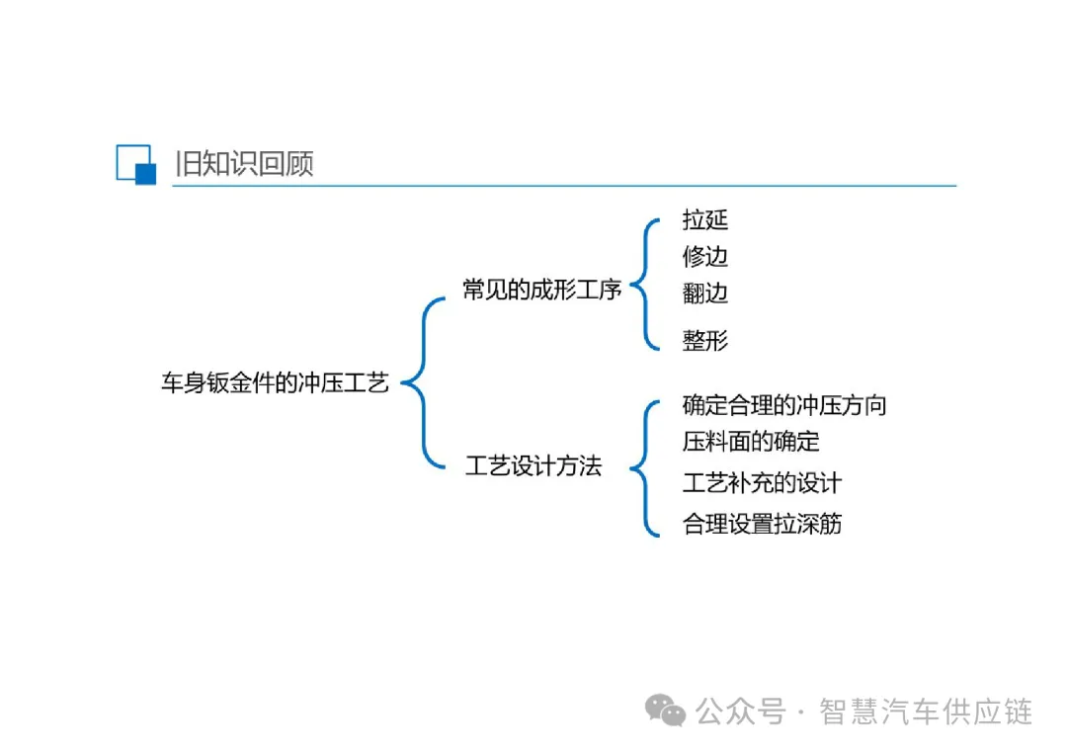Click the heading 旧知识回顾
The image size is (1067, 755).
pos(244,163)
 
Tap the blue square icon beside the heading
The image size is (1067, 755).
pos(136,164)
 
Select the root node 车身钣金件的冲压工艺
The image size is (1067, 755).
pos(276,383)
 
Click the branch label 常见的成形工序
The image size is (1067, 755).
pos(542,290)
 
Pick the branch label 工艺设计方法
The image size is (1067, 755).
pos(533,466)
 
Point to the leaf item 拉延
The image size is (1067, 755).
pos(705,219)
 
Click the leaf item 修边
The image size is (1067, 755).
pos(705,256)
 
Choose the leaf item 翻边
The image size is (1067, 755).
pos(705,293)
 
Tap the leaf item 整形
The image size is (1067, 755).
pos(705,341)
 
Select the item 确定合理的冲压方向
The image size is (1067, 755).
pos(784,404)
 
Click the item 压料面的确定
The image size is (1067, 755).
pos(751,441)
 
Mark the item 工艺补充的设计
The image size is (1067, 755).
pos(762,482)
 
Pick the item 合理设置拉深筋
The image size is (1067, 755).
pos(762,523)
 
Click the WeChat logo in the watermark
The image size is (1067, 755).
pos(665,709)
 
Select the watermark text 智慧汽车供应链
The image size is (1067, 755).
pos(926,712)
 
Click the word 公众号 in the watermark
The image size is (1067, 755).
pos(740,712)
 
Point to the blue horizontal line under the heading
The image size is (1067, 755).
pos(563,186)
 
